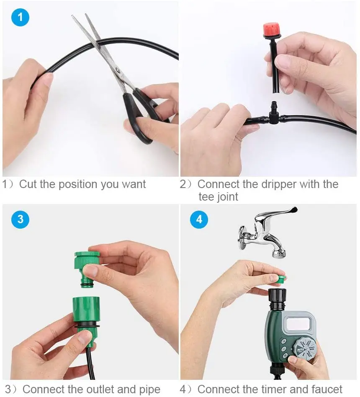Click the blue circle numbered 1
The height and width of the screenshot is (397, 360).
20,18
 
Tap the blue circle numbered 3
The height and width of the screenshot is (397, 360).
20,219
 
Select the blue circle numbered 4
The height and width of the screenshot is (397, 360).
199,219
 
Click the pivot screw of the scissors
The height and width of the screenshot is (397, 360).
117,70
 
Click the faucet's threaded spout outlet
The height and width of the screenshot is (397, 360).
279,252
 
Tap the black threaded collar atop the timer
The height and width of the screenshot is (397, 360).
277,299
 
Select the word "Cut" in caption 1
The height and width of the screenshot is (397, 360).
28,184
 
